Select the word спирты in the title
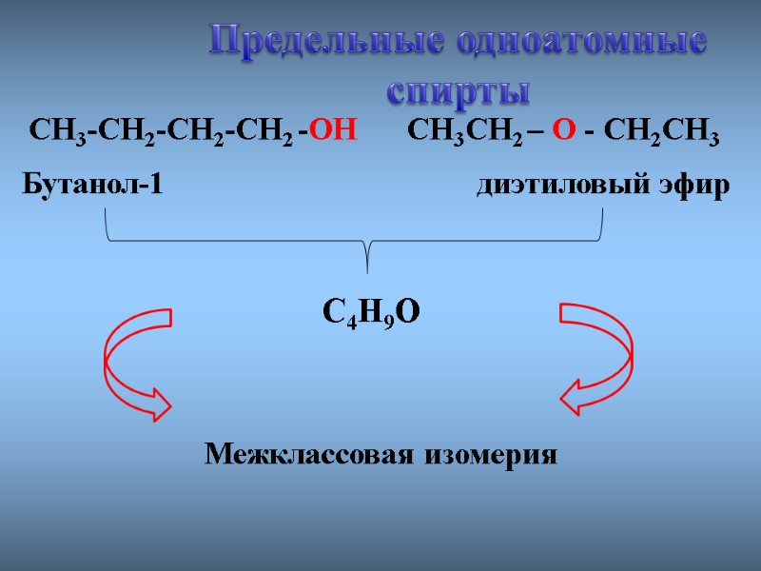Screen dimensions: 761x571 [x=458, y=92]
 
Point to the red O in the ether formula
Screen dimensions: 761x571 [x=564, y=130]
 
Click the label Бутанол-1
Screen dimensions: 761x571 [x=92, y=185]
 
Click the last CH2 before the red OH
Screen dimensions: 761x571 [x=268, y=131]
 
